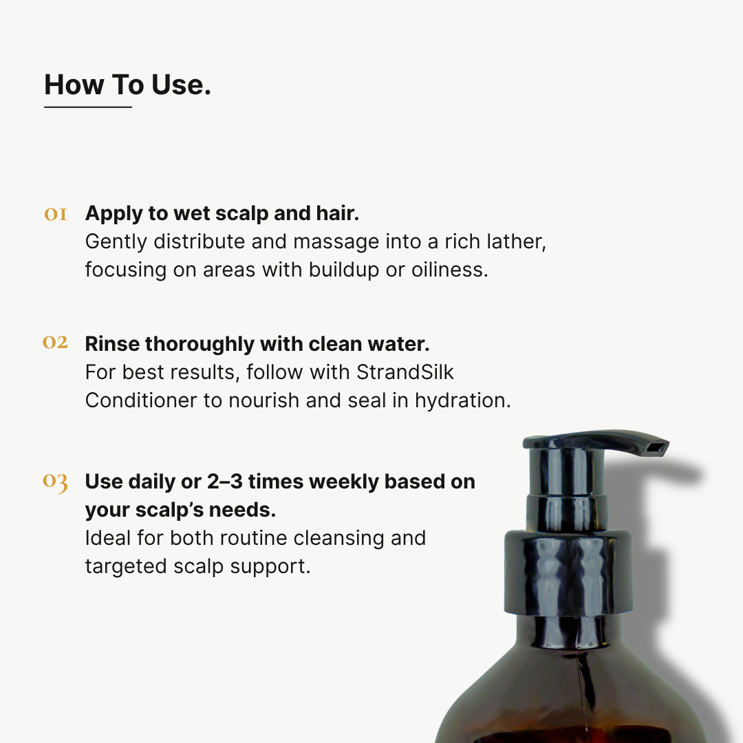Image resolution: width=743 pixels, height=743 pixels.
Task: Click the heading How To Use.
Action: point(127,85)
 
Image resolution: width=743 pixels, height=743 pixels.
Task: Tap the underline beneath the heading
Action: point(87,107)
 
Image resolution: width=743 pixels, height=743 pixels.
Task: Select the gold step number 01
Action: point(56,214)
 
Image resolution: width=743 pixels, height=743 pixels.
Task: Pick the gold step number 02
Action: point(55,343)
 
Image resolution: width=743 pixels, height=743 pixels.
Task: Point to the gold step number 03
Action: point(55,482)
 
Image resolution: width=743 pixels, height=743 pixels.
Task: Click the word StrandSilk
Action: point(405,372)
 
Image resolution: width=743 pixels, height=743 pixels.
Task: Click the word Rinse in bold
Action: point(112,343)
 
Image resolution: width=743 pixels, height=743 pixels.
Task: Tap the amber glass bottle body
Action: point(571,695)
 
